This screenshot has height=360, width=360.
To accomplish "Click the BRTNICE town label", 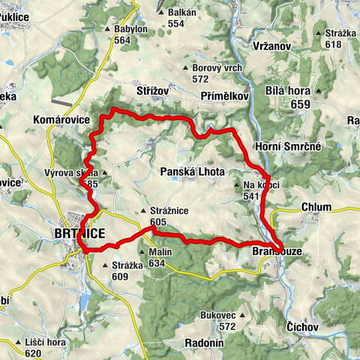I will [x=79, y=234].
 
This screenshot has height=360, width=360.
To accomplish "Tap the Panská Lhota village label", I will [x=192, y=172].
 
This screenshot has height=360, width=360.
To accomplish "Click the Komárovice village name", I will [x=61, y=119].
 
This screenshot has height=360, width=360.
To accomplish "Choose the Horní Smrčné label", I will [x=288, y=146].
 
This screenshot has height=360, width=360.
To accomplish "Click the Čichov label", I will [x=303, y=328].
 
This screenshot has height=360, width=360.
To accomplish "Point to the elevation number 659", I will [x=300, y=104].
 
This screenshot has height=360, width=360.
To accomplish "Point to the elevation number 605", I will [x=157, y=222].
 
